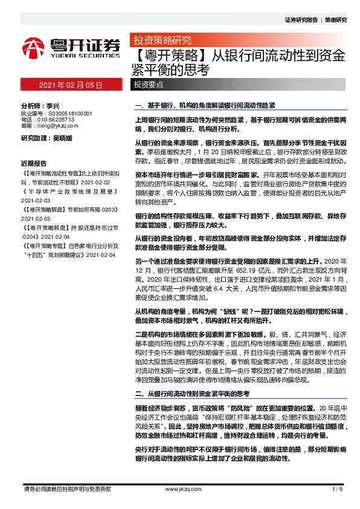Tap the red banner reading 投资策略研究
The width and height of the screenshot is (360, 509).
162,41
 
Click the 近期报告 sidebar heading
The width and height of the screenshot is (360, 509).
34,163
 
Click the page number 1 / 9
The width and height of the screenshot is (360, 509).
337,488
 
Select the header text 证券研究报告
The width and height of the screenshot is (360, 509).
300,19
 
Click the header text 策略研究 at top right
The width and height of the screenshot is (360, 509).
336,19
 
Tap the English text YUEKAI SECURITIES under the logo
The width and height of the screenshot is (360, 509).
80,53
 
